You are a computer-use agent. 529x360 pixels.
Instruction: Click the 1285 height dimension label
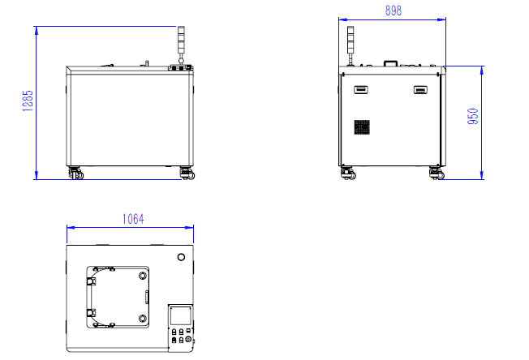coord(28,101)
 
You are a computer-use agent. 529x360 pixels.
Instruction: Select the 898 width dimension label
coord(394,11)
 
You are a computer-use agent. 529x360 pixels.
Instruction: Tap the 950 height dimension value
coord(473,116)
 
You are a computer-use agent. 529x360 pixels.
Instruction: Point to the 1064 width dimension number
coord(133,219)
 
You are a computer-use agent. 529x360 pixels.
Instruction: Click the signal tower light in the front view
coord(181,45)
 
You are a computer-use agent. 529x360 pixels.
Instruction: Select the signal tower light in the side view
coord(351,45)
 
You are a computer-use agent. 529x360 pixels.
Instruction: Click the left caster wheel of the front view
coord(75,173)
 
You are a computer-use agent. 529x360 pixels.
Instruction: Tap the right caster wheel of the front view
coord(187,174)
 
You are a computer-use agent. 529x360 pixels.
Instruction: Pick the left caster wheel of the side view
coord(348,174)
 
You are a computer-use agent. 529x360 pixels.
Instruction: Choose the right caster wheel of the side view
coord(437,174)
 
